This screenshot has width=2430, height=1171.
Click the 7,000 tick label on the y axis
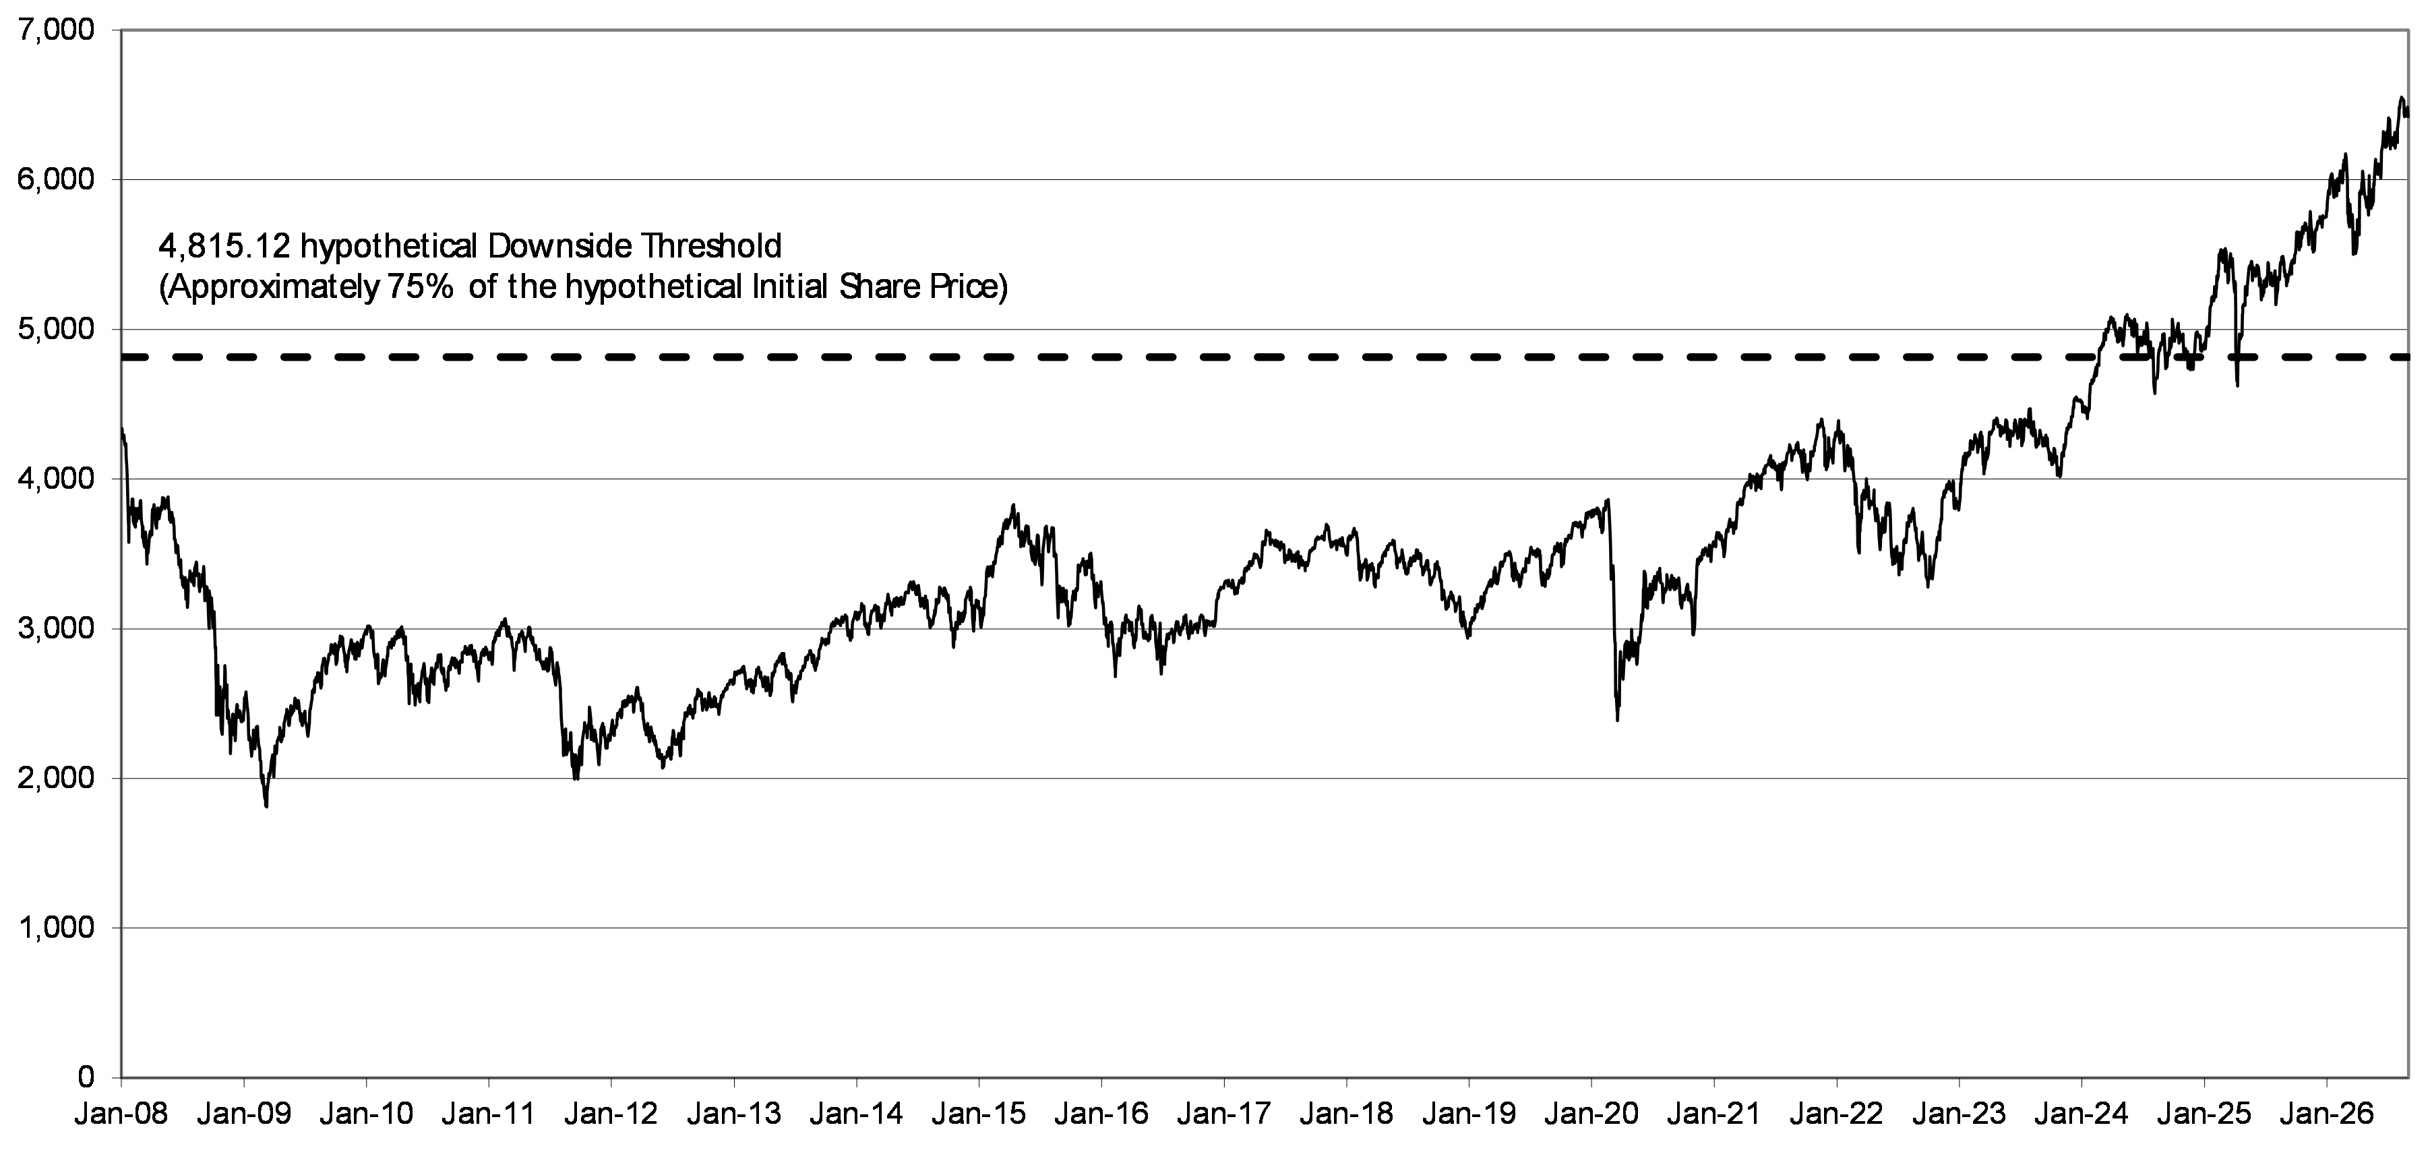[56, 31]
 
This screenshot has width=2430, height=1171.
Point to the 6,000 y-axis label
[56, 180]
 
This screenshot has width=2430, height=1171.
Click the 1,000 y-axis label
[56, 928]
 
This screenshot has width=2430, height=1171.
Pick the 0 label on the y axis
[86, 1077]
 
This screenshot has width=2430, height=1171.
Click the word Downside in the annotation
[561, 246]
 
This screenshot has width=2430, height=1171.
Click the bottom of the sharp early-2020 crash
[1618, 720]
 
